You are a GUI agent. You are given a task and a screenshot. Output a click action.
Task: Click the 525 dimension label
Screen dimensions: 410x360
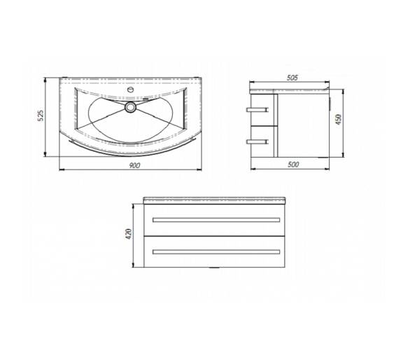[41, 116]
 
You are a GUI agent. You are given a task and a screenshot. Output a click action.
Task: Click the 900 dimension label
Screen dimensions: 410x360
[134, 165]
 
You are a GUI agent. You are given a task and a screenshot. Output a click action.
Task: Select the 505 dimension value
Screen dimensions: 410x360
[292, 78]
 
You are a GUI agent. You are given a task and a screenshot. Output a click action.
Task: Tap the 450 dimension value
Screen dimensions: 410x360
[339, 119]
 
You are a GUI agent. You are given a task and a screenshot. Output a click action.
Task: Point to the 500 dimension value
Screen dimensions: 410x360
[293, 165]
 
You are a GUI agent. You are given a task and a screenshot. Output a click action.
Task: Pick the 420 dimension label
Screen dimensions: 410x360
[129, 234]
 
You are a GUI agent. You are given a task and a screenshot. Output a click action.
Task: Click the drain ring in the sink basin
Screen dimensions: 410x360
[130, 107]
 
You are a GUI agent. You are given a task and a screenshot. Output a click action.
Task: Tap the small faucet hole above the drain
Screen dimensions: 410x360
[130, 90]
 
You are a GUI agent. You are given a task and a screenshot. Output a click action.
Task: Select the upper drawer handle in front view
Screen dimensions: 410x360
[216, 220]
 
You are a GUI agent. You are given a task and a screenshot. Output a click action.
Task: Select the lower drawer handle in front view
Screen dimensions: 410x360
[216, 252]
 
